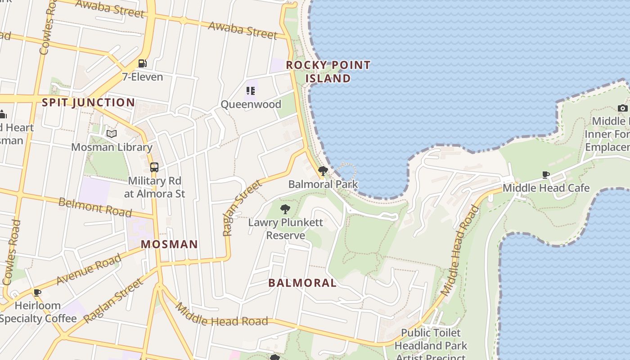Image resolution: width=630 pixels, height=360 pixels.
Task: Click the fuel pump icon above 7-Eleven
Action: point(142,63)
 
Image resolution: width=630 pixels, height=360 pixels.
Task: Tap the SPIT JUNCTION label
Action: point(88,103)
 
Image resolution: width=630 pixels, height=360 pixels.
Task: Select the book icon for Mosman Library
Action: point(111,134)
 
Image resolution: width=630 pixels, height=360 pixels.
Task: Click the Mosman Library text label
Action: point(112,147)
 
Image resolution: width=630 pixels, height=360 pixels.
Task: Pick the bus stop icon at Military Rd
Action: point(154,167)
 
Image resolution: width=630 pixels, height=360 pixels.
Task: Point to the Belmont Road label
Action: point(95,207)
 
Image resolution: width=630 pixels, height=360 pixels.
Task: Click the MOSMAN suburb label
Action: point(169,244)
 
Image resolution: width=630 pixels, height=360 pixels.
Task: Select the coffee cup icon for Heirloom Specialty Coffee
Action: point(37,292)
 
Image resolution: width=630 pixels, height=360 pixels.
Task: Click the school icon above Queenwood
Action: point(251,91)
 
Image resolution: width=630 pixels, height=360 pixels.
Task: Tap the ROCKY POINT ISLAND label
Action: point(328,72)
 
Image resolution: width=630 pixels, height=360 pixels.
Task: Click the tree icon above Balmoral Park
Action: point(323,171)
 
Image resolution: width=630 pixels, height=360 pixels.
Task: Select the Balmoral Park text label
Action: point(323,184)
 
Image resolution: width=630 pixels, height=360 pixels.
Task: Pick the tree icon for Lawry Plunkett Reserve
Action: point(285,209)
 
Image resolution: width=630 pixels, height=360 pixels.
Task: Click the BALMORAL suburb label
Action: point(302,283)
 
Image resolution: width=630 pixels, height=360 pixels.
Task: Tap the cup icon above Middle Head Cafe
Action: point(546,175)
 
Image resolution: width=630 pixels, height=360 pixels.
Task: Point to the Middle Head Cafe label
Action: point(546,188)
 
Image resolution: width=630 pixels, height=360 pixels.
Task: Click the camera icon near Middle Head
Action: point(623,108)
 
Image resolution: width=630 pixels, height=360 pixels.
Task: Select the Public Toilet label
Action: point(431,333)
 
